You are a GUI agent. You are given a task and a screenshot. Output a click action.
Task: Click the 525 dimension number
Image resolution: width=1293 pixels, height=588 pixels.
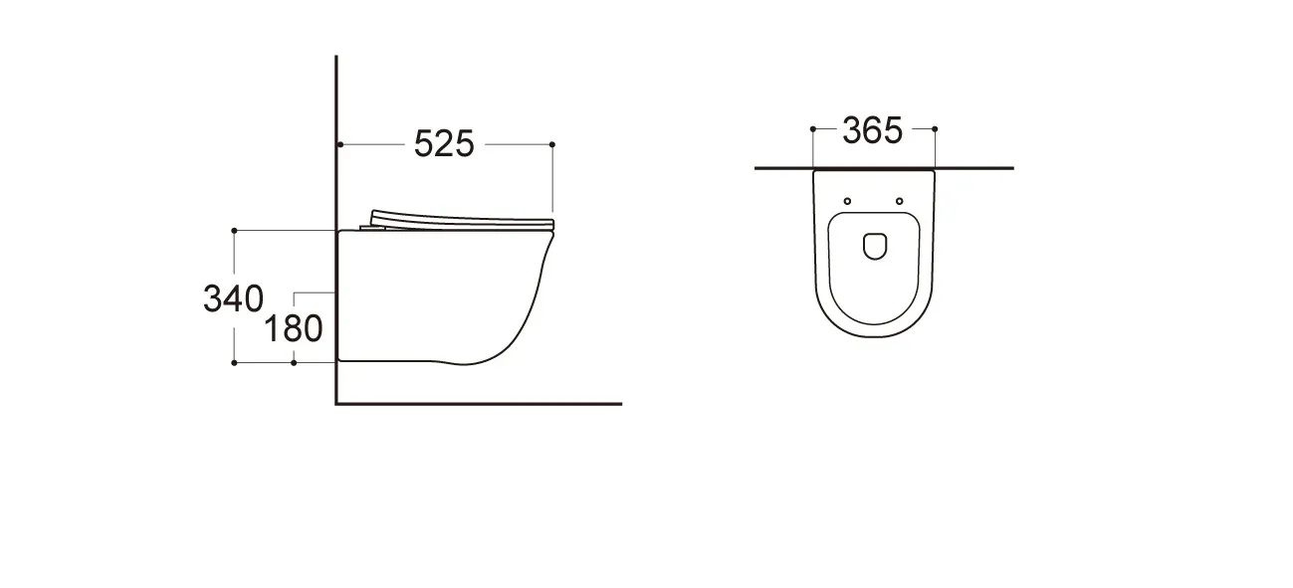pos(444,143)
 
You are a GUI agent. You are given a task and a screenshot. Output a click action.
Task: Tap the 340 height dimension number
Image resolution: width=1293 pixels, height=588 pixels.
pos(233,298)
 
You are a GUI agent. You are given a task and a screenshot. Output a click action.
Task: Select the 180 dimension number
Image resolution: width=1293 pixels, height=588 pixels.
pos(294,328)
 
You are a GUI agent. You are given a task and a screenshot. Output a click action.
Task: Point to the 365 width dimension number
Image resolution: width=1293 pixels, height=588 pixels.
pos(872,130)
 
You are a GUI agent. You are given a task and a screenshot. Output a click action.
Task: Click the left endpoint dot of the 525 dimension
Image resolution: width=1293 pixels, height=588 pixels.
pos(340,144)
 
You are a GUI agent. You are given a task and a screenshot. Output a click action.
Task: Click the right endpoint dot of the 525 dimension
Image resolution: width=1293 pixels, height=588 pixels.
pos(552,144)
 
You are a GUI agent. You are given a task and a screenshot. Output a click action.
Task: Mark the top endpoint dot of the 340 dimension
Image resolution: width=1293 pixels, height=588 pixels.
pos(234,231)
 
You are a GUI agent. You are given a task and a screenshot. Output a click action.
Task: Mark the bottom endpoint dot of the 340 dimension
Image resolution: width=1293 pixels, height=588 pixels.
pos(234,363)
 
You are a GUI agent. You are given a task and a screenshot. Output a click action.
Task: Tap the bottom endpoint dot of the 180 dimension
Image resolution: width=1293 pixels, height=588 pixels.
pos(294,363)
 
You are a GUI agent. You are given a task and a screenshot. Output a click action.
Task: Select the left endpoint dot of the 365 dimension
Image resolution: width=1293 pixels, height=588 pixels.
pos(813,129)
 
